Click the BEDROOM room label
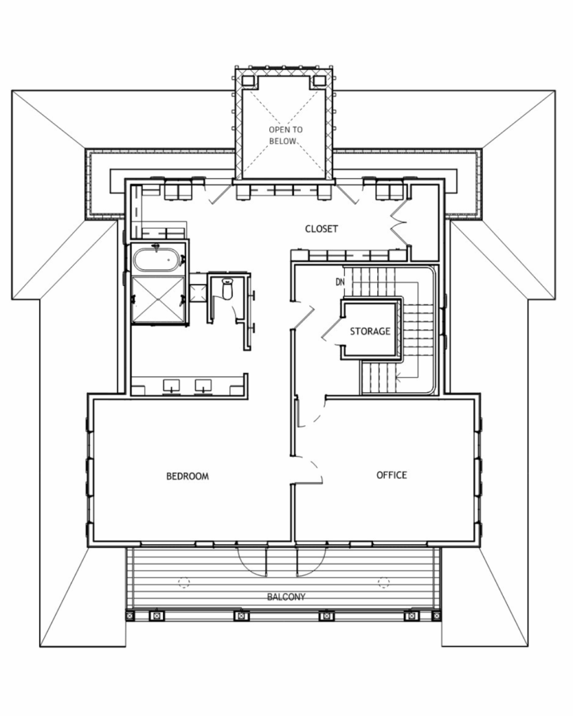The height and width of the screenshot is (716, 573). [x=188, y=476]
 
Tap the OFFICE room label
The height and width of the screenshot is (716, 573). [x=392, y=475]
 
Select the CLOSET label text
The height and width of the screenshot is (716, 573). [x=321, y=229]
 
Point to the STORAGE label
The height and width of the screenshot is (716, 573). [x=370, y=331]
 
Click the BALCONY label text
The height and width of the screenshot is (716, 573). [x=286, y=597]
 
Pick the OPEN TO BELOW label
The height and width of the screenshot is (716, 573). [x=285, y=136]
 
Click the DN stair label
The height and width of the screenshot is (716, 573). [x=340, y=282]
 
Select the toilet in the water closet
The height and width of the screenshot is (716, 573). [x=227, y=289]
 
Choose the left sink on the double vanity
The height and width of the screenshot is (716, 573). [x=171, y=386]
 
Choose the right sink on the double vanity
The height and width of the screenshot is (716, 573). [x=203, y=386]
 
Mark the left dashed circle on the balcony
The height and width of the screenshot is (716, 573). [x=184, y=582]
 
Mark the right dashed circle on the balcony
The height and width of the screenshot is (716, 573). [x=384, y=582]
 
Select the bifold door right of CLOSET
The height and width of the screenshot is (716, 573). [x=397, y=224]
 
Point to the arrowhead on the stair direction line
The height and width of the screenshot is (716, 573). [x=399, y=377]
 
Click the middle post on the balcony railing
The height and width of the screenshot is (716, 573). [x=241, y=615]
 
